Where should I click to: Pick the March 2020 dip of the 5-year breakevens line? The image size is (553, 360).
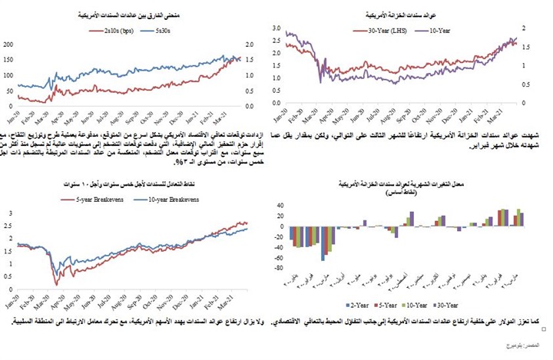pos(55,284)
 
